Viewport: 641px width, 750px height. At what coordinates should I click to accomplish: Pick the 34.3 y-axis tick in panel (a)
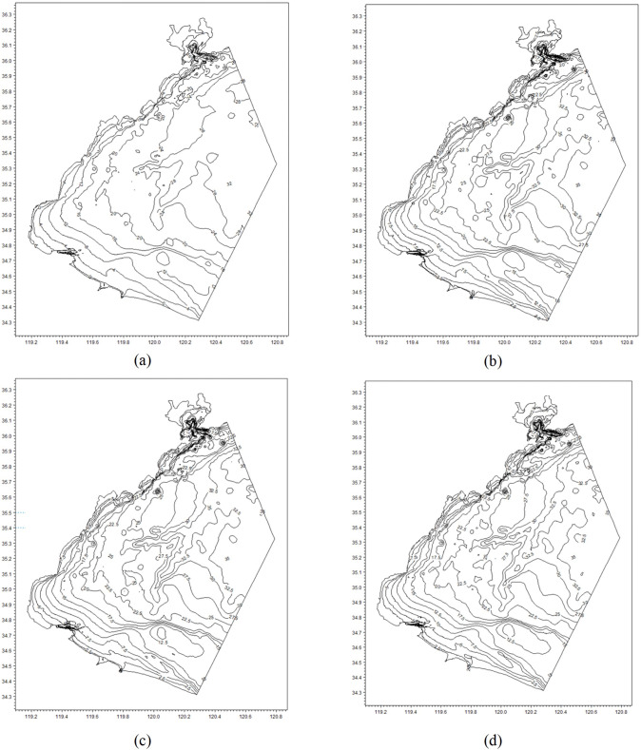[x=8, y=323]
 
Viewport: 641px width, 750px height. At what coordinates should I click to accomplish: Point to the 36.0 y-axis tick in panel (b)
[x=357, y=63]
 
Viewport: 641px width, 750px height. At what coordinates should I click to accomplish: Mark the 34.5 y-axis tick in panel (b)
[x=357, y=292]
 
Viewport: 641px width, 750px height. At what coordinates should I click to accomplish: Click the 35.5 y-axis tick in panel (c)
[x=8, y=512]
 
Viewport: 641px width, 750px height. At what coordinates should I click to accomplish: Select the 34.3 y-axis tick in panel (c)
[x=8, y=697]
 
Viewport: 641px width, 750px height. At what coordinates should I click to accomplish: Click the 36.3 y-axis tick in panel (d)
[x=357, y=392]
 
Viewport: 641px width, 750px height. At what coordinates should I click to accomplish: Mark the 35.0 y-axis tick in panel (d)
[x=357, y=588]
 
